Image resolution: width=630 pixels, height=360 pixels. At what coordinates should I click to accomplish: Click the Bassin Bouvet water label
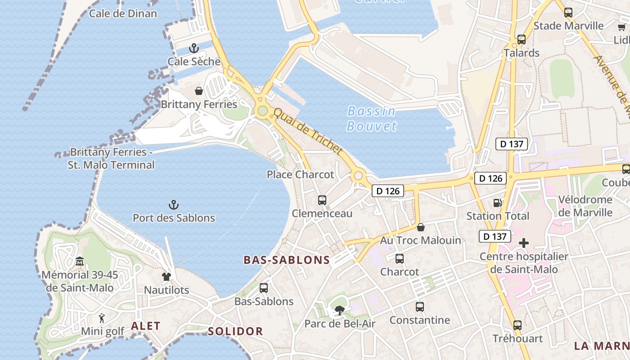click(372, 118)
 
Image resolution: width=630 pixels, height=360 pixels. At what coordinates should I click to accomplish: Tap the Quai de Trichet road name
click(308, 131)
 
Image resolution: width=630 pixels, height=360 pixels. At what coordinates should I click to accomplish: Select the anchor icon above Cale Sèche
click(194, 48)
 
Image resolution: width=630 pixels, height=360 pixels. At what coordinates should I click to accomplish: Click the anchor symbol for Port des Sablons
click(174, 205)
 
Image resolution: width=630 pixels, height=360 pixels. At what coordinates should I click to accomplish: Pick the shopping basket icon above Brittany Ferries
click(198, 91)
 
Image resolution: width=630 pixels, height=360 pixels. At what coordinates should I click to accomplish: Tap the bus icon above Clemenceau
click(322, 200)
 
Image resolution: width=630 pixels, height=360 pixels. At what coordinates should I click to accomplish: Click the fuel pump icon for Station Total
click(497, 203)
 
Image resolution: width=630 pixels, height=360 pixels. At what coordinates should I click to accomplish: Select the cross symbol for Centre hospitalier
click(524, 243)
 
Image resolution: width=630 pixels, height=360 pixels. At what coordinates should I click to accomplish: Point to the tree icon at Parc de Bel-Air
click(339, 310)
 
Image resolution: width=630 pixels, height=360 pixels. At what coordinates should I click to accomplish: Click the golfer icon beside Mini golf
click(102, 318)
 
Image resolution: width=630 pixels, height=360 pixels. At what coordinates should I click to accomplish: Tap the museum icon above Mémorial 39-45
click(80, 261)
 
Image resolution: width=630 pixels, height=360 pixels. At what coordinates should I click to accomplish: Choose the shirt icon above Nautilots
click(166, 277)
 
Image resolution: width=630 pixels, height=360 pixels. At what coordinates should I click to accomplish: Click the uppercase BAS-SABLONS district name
click(287, 260)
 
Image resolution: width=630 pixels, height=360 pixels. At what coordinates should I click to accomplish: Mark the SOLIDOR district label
click(235, 332)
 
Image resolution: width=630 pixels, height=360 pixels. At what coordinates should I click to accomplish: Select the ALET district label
click(145, 326)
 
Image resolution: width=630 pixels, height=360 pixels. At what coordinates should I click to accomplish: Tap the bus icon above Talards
click(522, 40)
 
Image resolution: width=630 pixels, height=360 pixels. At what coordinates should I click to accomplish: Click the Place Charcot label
click(301, 175)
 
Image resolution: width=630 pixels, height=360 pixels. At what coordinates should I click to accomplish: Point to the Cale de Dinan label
click(123, 13)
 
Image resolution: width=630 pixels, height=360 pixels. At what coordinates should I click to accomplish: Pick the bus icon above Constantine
click(420, 307)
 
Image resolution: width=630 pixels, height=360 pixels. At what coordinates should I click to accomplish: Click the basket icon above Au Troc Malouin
click(421, 227)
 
